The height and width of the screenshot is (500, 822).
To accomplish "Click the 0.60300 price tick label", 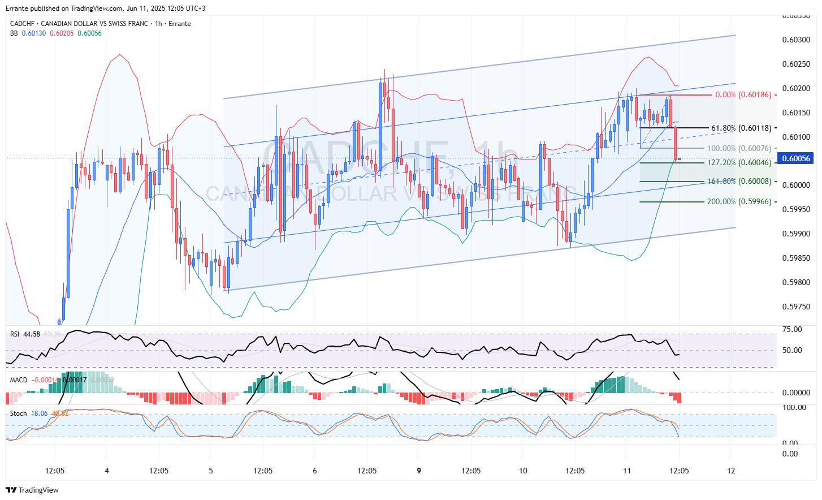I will point(795,40).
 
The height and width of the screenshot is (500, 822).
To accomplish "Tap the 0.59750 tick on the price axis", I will point(795,307).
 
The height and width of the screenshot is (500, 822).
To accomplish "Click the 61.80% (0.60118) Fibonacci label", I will point(741,128).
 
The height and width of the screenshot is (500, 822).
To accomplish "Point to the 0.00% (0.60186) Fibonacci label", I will point(743,94).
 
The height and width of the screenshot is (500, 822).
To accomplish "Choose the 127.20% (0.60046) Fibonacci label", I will point(739,162).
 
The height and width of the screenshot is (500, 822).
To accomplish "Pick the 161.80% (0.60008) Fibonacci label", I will point(739,182).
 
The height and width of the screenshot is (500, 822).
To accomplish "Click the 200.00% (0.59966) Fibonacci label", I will point(739,201).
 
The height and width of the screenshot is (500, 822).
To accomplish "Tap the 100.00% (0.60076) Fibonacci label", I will point(739,148).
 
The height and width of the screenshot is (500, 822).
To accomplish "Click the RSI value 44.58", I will point(32,334).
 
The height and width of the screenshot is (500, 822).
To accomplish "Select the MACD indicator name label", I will point(19,380).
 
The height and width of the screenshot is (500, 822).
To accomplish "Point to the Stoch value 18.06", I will point(39,413).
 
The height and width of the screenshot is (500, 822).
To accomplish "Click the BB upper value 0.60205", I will point(62,33).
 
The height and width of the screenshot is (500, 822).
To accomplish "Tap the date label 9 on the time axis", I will point(419,471).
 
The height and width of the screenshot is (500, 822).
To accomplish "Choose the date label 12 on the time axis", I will point(731,471).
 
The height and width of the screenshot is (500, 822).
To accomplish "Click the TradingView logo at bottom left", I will point(32,490).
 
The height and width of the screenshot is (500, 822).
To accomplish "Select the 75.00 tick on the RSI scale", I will point(792,329).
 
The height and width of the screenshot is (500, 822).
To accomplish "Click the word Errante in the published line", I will point(17,8).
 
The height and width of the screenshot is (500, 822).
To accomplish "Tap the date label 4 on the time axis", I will point(107,471).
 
